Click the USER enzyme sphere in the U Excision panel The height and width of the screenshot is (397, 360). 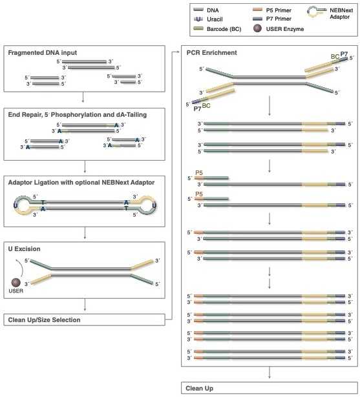tap(16, 282)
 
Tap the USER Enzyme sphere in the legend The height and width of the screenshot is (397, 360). tap(257, 28)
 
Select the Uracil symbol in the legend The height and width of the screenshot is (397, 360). tap(198, 19)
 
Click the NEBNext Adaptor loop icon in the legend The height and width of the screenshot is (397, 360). tap(317, 12)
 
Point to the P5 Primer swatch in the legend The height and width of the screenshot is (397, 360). tap(257, 10)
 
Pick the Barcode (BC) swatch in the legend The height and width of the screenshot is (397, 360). tap(198, 28)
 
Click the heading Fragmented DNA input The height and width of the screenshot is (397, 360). tap(43, 53)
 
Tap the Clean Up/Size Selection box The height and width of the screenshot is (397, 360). tap(85, 320)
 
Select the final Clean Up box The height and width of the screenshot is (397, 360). tap(270, 388)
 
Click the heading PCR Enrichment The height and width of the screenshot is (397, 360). tap(212, 53)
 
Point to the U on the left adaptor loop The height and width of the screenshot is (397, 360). tap(16, 205)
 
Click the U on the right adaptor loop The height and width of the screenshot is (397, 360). tap(154, 205)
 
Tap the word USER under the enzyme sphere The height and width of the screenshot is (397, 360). tap(16, 290)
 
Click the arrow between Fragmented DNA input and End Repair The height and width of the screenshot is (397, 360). tap(83, 97)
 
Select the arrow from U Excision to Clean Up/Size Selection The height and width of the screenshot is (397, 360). tap(85, 305)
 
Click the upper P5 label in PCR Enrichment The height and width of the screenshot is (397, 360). tap(199, 172)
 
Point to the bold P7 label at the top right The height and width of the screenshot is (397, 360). tap(344, 54)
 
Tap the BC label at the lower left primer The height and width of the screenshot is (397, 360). tap(206, 106)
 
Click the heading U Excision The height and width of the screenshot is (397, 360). tap(24, 249)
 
